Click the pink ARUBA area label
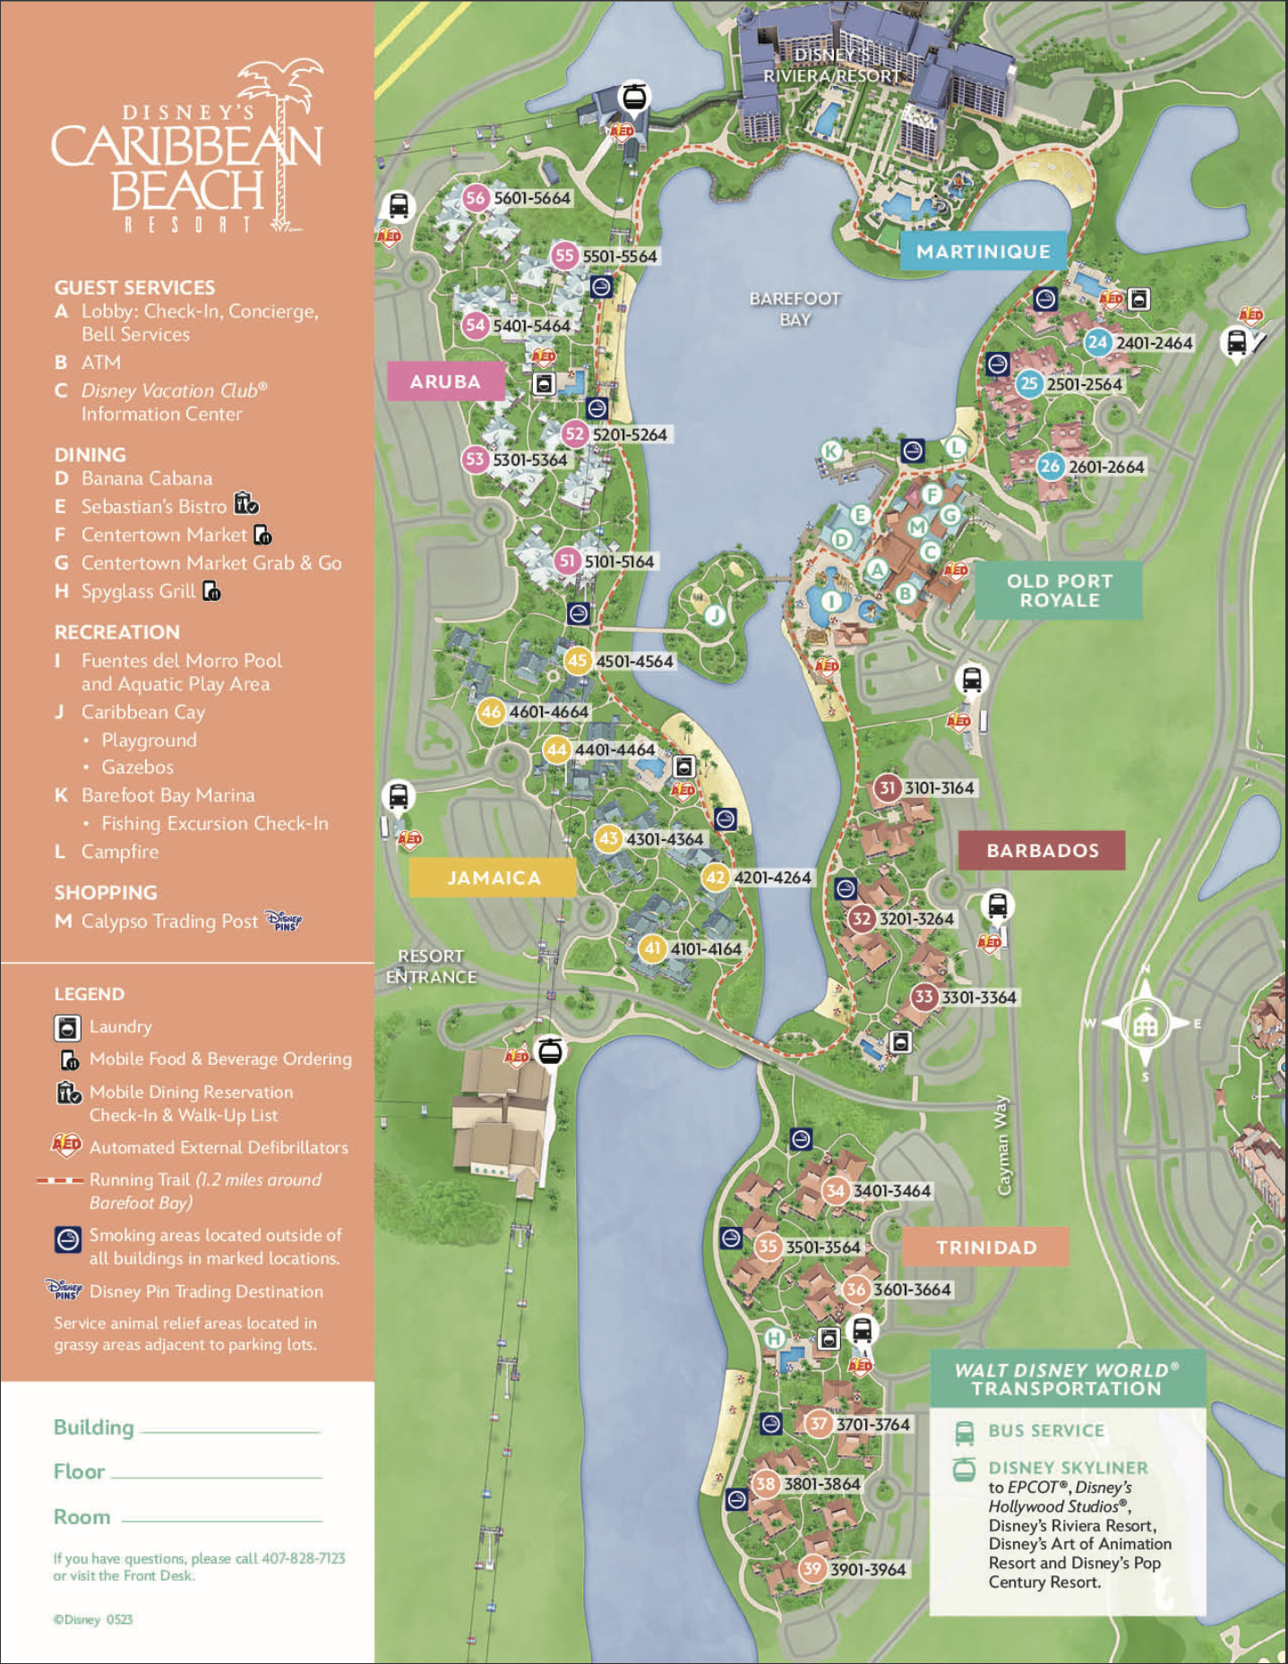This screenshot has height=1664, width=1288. (x=445, y=382)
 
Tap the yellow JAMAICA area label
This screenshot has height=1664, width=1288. (x=493, y=878)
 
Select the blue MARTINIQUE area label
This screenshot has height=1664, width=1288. (x=983, y=252)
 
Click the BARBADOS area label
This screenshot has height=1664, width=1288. (x=1042, y=850)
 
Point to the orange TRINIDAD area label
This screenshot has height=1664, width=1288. (x=985, y=1247)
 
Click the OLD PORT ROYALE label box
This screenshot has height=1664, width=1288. (x=1059, y=590)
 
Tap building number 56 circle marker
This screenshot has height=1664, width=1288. (x=476, y=198)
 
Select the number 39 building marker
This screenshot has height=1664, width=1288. (x=811, y=1568)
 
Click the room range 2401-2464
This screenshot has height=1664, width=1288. (x=1154, y=343)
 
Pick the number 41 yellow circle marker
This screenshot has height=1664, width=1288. (x=652, y=948)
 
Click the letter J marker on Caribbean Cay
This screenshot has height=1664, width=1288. (x=714, y=614)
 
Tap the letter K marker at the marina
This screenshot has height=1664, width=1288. (x=831, y=450)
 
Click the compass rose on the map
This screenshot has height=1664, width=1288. (x=1145, y=1024)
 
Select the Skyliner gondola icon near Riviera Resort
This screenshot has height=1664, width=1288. (x=634, y=96)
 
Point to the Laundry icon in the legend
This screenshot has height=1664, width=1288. (x=67, y=1027)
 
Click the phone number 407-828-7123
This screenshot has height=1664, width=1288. (x=303, y=1558)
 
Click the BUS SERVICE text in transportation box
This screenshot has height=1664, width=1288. (x=1045, y=1430)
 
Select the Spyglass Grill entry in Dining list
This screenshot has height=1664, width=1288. (x=138, y=591)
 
